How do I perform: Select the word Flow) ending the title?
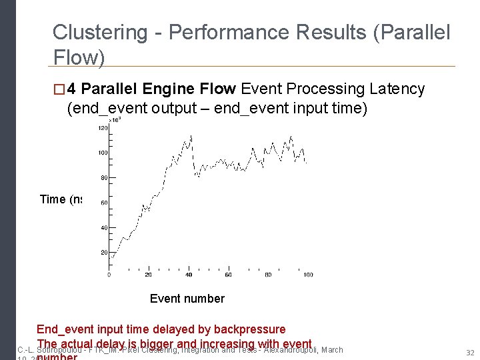click(79, 59)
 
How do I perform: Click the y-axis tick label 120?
click(103, 128)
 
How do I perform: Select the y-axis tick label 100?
click(103, 153)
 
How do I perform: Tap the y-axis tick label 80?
click(104, 178)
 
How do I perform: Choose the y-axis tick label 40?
click(104, 228)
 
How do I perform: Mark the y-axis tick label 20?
click(104, 253)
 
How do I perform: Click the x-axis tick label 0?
click(109, 274)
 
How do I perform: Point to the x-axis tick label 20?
click(148, 274)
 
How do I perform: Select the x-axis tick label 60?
click(228, 274)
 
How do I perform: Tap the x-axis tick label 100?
click(307, 274)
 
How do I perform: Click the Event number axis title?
click(187, 299)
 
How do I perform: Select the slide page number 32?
click(470, 352)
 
